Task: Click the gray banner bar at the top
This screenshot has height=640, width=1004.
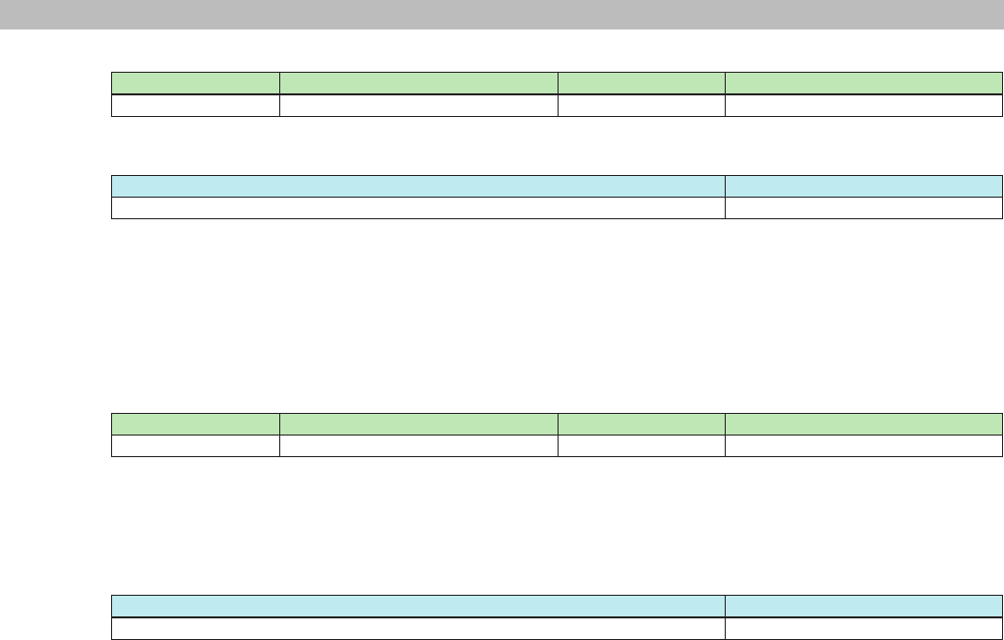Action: click(502, 15)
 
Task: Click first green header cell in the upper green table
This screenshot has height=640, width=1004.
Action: click(196, 83)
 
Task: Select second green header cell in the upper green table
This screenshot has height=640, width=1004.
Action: click(419, 83)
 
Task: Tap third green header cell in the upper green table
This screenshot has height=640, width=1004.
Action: click(641, 83)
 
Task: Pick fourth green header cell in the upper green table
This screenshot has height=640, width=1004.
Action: click(863, 83)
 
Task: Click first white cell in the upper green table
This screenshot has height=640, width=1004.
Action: click(196, 105)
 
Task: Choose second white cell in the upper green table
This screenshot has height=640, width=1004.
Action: click(419, 105)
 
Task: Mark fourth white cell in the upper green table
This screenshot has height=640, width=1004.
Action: click(863, 105)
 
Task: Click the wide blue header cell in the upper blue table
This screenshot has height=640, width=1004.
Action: click(418, 186)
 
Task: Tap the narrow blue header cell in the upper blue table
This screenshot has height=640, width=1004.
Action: click(863, 186)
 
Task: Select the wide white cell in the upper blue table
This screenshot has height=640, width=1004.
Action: click(418, 207)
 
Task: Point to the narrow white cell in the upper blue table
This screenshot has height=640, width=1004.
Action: click(863, 207)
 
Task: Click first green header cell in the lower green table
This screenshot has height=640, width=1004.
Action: click(196, 424)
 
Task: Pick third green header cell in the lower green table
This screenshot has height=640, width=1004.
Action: click(641, 424)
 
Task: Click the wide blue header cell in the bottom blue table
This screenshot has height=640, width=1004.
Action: click(418, 606)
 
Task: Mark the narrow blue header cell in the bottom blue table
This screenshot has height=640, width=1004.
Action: click(863, 606)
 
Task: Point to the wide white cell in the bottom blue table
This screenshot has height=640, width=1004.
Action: click(418, 628)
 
